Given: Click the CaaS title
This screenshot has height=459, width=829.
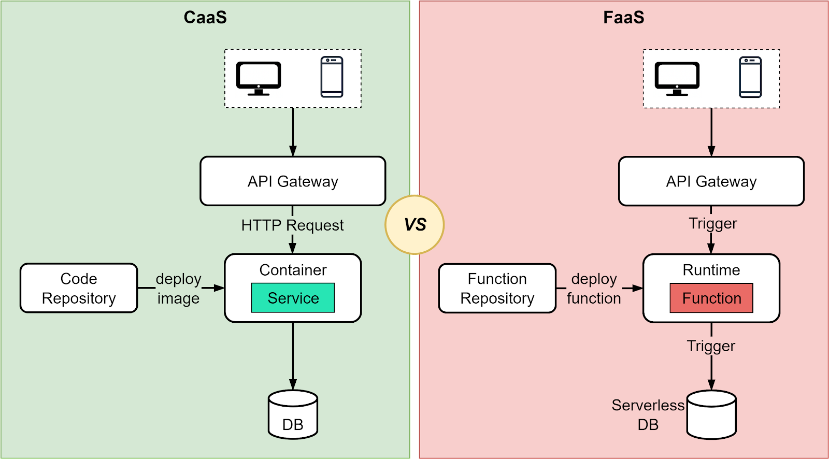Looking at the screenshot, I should point(205,18).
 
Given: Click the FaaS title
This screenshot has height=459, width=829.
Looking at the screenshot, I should point(623,18).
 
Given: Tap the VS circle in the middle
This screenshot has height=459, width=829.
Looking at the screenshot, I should point(414,225).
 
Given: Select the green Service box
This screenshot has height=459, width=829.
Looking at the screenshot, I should point(293,298).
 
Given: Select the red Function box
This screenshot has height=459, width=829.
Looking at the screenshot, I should point(711,298).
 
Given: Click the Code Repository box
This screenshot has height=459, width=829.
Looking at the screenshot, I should point(79,288).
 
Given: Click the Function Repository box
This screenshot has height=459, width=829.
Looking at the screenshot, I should point(497,288).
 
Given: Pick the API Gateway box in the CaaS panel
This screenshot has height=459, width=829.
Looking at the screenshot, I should point(293,181).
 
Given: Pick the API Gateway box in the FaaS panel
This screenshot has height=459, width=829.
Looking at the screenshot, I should point(711,181).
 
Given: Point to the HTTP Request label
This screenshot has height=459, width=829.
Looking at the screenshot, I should point(292,225).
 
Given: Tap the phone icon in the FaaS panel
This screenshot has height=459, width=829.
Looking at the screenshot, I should point(750,77).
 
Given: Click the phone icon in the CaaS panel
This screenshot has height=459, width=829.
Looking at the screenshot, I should point(332,77).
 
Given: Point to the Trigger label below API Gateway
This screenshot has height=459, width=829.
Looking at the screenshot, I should point(712,223).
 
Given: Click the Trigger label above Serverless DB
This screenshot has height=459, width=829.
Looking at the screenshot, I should point(711,346).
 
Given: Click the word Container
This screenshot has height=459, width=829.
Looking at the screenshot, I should point(293,270).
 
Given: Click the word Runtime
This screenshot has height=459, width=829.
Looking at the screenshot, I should point(711,270).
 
